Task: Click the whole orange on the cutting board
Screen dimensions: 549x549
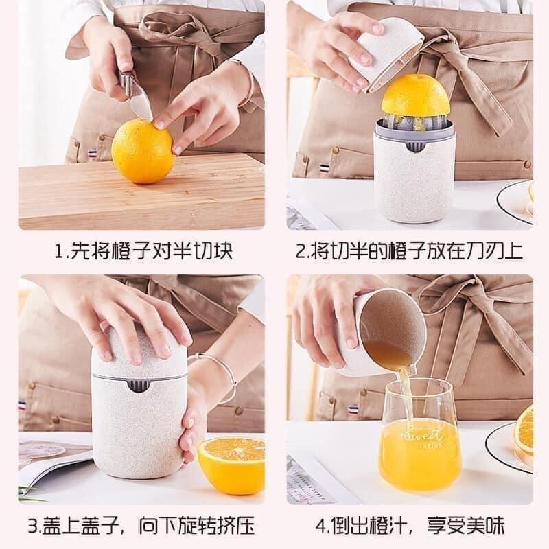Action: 142,151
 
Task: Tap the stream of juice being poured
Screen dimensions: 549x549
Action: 406,396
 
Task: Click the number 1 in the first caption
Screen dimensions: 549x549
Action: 59,250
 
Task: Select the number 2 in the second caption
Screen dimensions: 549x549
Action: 300,250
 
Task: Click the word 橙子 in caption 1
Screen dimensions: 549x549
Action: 132,250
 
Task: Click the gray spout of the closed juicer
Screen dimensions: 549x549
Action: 139,386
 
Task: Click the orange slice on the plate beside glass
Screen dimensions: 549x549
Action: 524,431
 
